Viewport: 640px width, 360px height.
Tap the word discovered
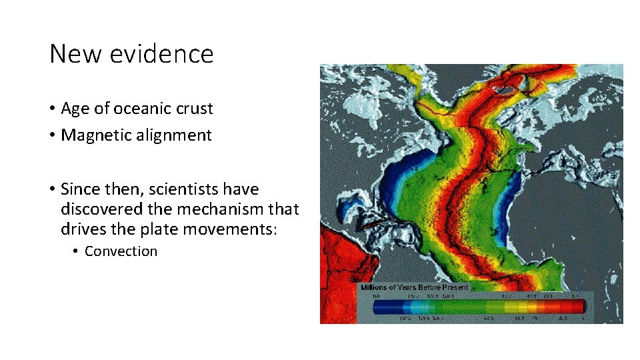coord(101,209)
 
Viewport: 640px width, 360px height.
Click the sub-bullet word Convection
coord(121,251)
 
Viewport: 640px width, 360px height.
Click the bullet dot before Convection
coord(76,252)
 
